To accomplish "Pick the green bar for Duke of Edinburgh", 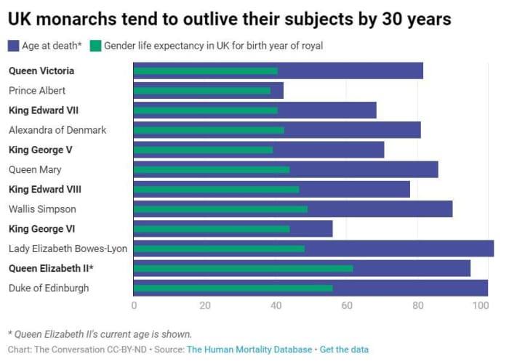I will point(233,288).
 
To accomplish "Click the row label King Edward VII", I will point(43,110).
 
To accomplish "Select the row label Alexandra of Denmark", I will point(57,130).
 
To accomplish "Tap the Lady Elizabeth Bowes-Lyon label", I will point(68,248).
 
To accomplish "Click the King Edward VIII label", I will point(45,189).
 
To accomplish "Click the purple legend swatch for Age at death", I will point(14,46).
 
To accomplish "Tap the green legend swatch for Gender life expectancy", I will point(95,46).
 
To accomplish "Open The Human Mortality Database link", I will point(249,349).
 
